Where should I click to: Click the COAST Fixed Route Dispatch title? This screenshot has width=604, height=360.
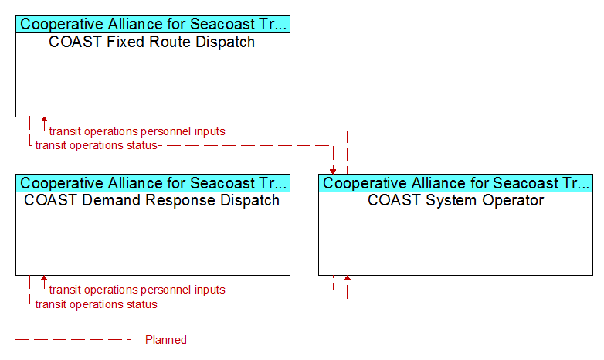[x=151, y=42]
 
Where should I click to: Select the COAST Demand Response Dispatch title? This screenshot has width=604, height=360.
[x=151, y=201]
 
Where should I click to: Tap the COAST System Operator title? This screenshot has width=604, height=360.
[x=456, y=200]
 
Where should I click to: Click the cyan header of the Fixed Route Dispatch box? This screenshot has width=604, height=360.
[x=153, y=24]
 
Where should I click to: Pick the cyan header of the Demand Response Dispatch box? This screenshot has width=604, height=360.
[x=153, y=183]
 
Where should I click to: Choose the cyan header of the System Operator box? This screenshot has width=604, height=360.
[x=456, y=183]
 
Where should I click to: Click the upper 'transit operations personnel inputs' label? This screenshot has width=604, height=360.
[x=137, y=131]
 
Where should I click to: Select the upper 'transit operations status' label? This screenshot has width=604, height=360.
[x=97, y=145]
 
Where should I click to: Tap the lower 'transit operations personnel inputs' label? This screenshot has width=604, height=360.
[x=137, y=290]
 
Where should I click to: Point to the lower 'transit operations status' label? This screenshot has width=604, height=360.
[x=97, y=304]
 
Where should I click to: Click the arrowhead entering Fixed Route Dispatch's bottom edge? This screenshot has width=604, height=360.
[x=44, y=120]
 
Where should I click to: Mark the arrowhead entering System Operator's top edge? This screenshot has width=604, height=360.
[x=333, y=172]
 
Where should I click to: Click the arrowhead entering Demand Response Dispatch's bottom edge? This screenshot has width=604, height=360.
[x=44, y=278]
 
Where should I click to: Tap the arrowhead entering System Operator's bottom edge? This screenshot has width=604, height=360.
[x=347, y=278]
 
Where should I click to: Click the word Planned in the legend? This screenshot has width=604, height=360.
[x=166, y=340]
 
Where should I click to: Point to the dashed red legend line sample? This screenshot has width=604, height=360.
[x=73, y=340]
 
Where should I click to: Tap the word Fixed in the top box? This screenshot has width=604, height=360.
[x=119, y=42]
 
